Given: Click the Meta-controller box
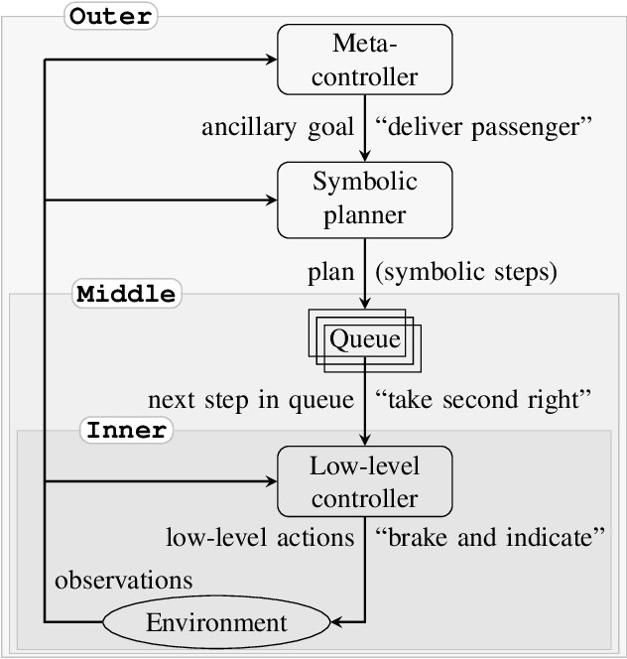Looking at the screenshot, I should point(365,60).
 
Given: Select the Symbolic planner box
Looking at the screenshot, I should point(365,198).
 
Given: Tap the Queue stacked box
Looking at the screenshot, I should point(365,340).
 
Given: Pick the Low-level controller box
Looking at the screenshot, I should point(365,482).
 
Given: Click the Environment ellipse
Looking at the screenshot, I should point(216,623).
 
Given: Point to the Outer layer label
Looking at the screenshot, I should point(111,17).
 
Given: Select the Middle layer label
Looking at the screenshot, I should point(126,294).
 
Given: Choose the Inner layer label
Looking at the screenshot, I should point(126,431).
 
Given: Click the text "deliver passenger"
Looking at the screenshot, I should point(484,128).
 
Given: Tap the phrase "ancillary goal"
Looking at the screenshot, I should point(278,128).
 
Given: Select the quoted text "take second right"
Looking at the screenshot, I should point(484,400).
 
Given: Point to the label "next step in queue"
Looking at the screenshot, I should point(250,400).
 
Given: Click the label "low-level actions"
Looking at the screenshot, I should point(260,538).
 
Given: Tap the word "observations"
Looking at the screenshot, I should point(123,579).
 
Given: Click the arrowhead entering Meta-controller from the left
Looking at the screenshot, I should point(271,60).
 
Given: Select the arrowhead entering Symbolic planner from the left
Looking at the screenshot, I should point(271,198).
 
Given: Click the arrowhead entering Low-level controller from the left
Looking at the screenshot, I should point(271,482).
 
